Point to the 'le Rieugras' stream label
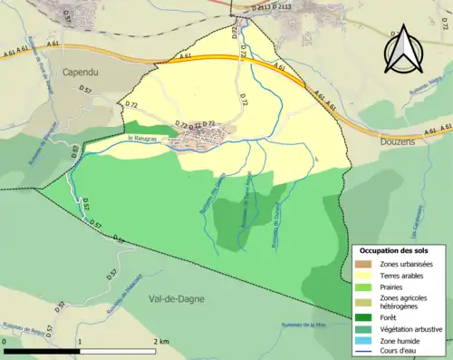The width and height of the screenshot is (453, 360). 143,138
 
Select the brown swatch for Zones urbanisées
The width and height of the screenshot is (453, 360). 366,264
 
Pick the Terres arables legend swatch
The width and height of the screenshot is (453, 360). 366,276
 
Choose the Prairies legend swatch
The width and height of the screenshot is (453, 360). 366,287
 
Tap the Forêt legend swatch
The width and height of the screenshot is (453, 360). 366,317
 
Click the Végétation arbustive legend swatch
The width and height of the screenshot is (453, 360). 366,329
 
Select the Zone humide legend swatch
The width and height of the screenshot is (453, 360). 366,341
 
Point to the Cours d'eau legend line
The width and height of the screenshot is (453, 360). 366,352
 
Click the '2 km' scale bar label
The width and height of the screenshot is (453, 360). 161,341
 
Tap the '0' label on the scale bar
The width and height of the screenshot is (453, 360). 5,341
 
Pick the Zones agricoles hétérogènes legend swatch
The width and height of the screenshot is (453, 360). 366,302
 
